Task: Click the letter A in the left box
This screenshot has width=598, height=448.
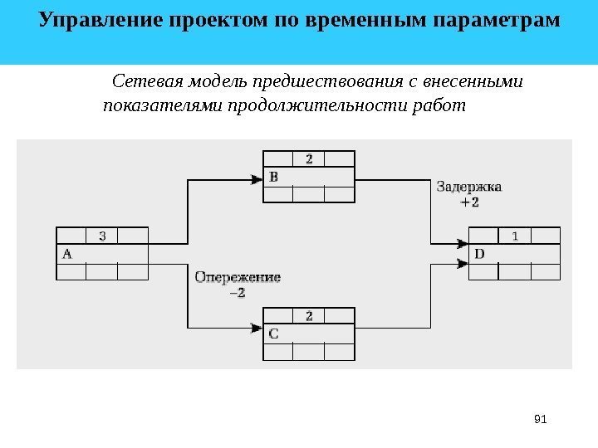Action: (67, 255)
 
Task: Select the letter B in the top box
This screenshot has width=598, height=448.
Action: (274, 177)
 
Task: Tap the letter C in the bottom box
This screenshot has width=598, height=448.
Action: (274, 333)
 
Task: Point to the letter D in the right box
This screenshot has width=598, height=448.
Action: (479, 255)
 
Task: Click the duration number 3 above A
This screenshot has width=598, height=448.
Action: (102, 236)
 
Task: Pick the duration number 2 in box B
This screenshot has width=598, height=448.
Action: (309, 158)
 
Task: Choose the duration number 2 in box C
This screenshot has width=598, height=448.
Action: (309, 315)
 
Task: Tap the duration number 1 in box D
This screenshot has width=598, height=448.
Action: (515, 236)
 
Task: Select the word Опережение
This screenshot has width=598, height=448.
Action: (238, 277)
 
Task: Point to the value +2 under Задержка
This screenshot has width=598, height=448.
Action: (469, 202)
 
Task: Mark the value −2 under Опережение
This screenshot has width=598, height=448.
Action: (238, 292)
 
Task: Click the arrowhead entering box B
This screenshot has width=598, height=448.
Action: (257, 177)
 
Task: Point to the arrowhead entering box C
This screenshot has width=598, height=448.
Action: (257, 329)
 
